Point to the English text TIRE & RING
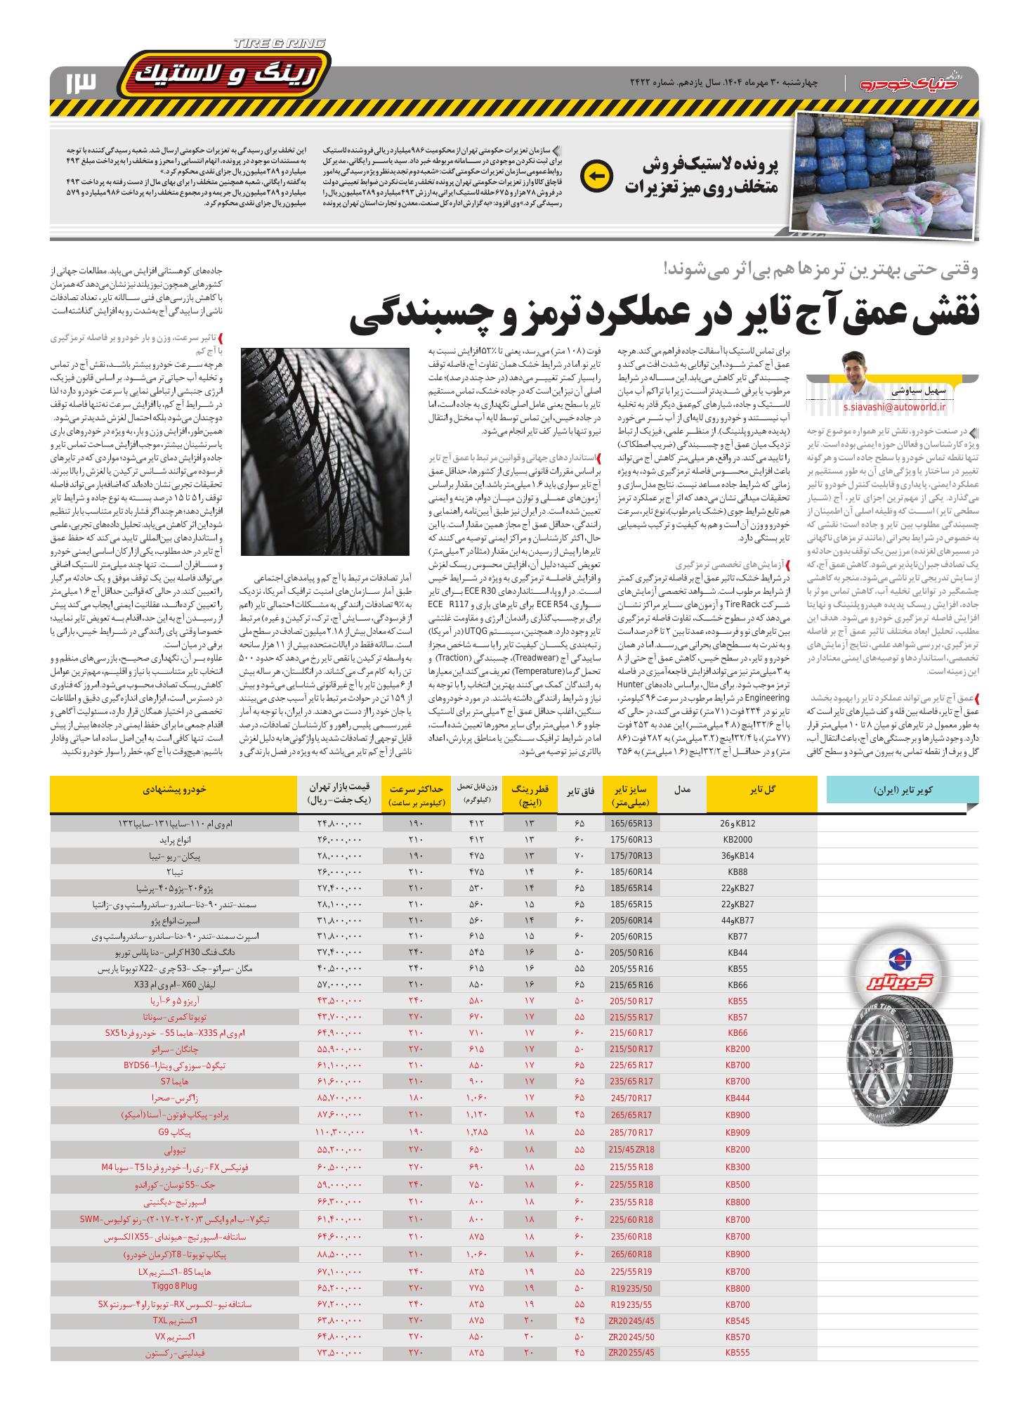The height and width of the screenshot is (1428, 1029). tap(280, 44)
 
